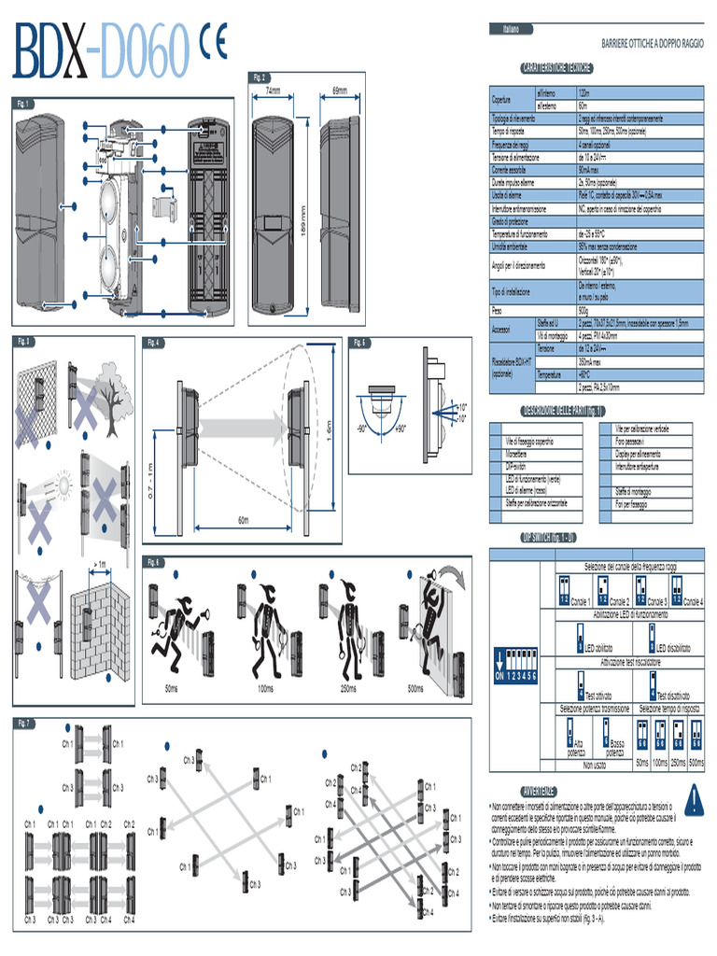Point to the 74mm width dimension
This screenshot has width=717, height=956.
273,91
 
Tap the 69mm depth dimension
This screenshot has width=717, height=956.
340,91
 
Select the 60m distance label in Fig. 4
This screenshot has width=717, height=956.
243,519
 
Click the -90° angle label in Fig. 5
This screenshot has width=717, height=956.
360,429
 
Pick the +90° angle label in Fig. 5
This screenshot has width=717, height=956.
399,429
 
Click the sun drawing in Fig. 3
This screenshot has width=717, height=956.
64,485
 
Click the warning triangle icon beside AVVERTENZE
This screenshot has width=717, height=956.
693,800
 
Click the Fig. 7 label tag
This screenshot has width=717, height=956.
26,723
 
